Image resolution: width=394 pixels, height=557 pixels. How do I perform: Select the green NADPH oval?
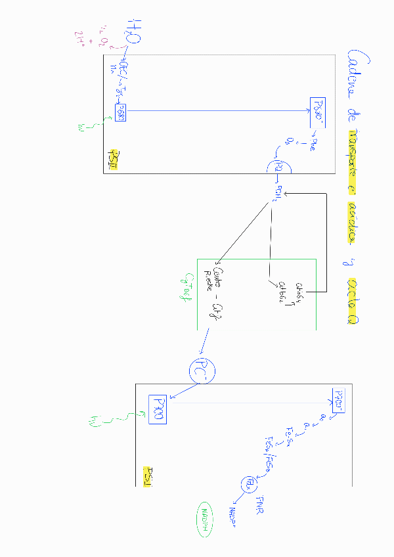pyautogui.click(x=206, y=515)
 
